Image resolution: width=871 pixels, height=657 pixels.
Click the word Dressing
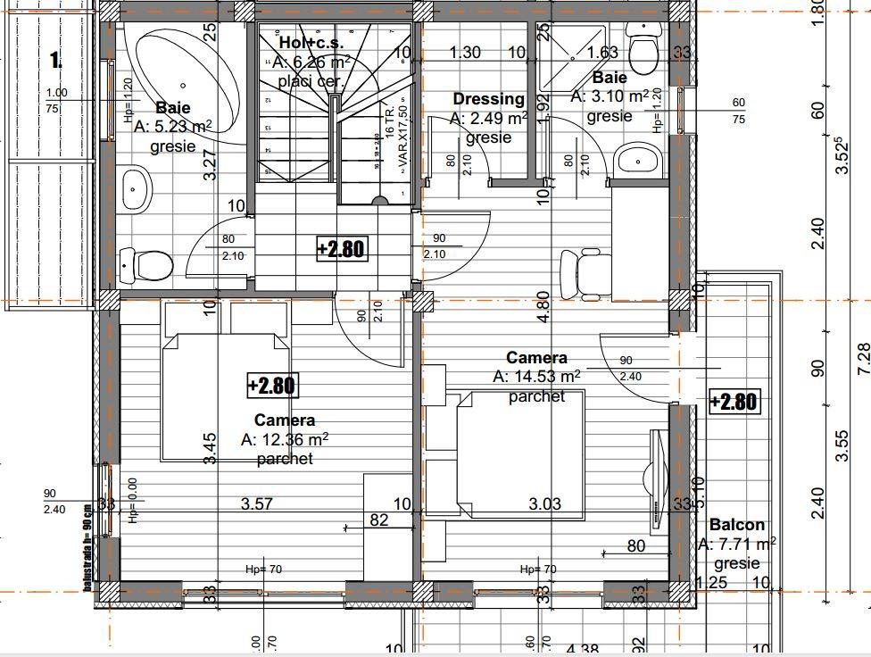click(x=488, y=99)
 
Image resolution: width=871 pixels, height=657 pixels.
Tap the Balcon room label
click(x=737, y=525)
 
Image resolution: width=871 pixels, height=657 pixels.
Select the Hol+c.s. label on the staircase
click(x=311, y=43)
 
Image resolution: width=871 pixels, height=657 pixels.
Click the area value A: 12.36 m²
click(x=285, y=439)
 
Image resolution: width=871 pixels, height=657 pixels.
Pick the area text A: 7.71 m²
click(x=736, y=544)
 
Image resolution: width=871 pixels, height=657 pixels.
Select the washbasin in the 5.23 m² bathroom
click(x=137, y=189)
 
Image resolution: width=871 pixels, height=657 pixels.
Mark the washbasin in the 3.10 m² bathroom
click(x=637, y=159)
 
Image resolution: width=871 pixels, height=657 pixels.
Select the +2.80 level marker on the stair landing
click(x=341, y=248)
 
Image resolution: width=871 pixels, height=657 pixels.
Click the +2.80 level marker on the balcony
click(x=733, y=402)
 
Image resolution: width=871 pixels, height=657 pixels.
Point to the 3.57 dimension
click(x=258, y=504)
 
